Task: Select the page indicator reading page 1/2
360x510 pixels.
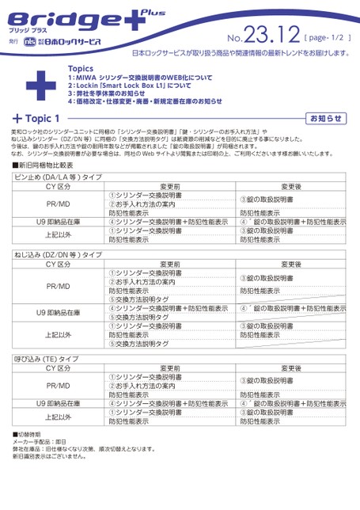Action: (x=324, y=37)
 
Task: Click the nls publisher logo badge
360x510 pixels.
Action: (x=29, y=40)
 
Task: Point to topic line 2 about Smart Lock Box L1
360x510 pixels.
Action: (x=130, y=86)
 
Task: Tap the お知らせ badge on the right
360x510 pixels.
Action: (x=326, y=118)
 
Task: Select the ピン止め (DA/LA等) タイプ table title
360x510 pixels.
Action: (x=58, y=177)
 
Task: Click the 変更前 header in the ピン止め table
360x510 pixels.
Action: (x=171, y=186)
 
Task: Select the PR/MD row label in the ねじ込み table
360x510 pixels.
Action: (x=59, y=286)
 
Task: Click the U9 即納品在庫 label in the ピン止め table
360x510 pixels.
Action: (x=59, y=223)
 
